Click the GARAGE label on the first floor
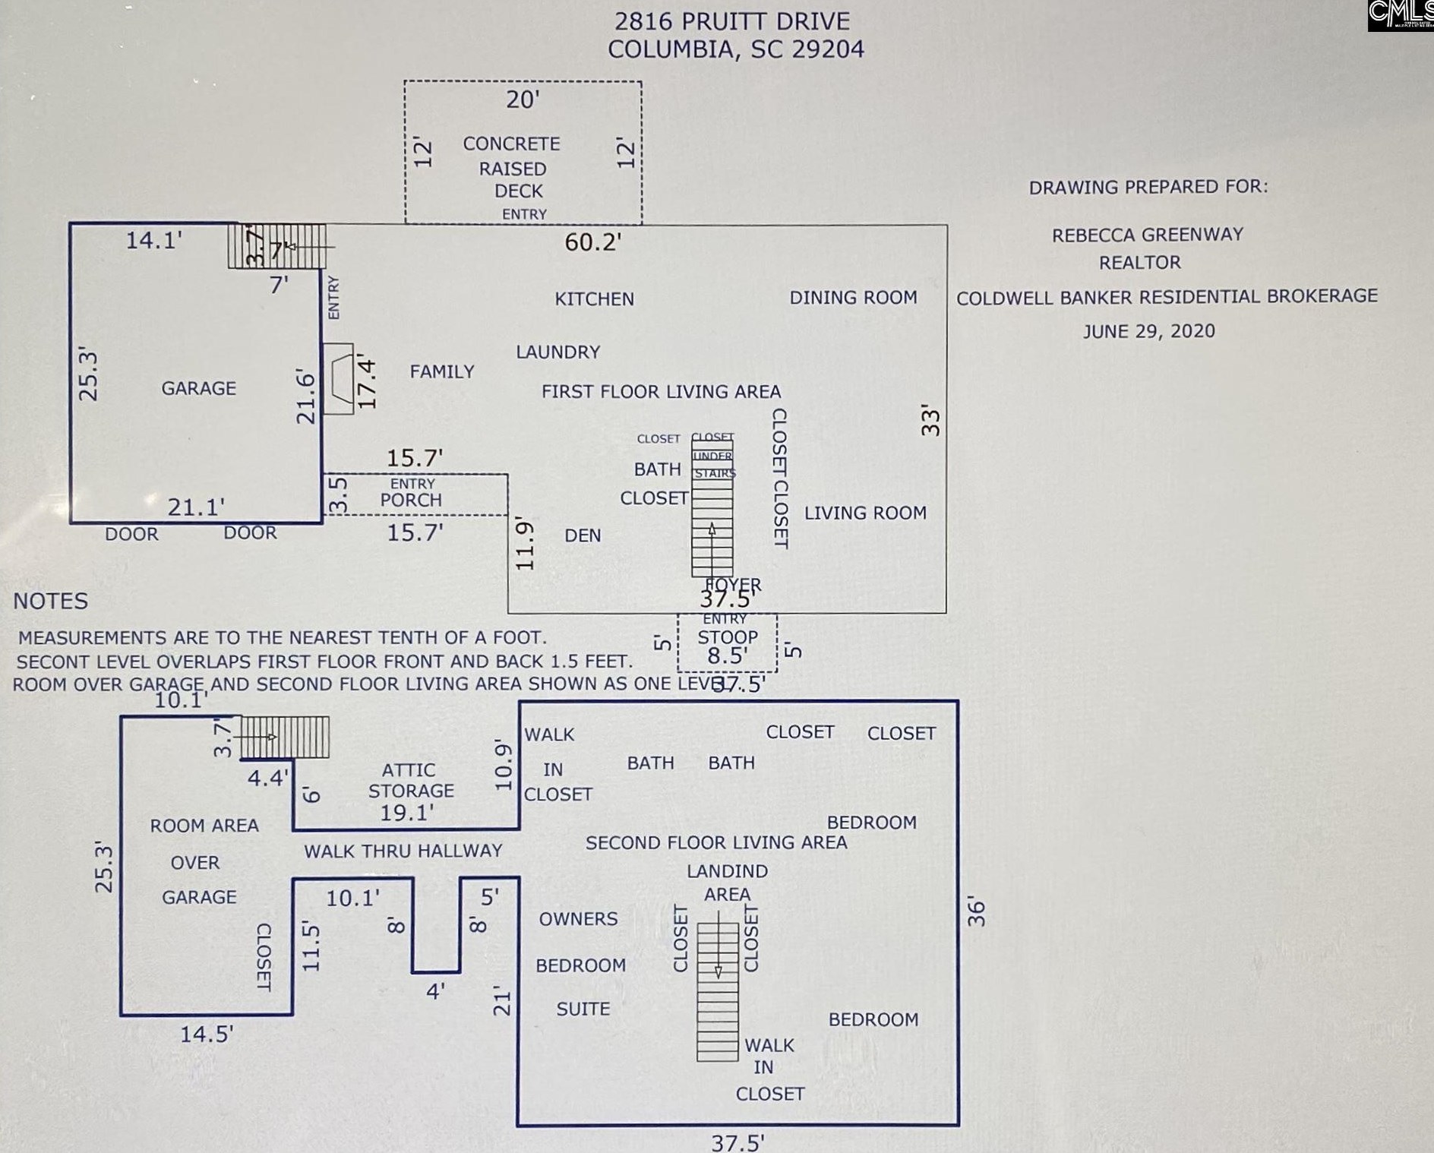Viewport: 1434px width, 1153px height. point(198,388)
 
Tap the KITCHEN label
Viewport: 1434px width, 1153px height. point(594,299)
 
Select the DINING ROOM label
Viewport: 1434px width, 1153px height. point(853,297)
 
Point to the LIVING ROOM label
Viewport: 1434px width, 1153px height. point(865,513)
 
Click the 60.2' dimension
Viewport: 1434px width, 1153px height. point(593,242)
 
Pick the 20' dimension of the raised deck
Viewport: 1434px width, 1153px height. point(523,100)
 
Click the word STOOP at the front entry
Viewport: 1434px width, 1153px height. point(728,637)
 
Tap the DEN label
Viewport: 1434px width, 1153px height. point(583,535)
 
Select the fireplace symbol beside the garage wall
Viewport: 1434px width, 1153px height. point(339,378)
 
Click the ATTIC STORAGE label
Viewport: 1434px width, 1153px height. point(410,781)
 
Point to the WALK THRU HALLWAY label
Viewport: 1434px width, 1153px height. point(403,851)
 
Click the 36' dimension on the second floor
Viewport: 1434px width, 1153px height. point(976,912)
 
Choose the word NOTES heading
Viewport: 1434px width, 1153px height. point(51,601)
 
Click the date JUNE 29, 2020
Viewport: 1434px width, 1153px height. point(1148,331)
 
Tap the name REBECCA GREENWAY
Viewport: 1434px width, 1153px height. point(1147,235)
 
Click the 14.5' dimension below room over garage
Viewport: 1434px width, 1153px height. point(206,1034)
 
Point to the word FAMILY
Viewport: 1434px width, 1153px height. point(442,371)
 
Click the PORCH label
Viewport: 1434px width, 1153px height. point(411,500)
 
